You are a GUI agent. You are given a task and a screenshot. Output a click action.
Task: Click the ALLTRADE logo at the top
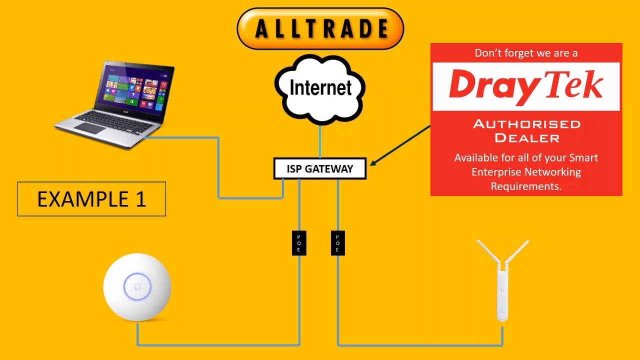tap(320, 28)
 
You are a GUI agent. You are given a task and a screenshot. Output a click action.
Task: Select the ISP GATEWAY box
tap(320, 169)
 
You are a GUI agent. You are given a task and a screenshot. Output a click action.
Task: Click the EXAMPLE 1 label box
tap(91, 199)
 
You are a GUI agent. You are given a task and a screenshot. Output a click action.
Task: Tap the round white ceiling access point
tap(137, 287)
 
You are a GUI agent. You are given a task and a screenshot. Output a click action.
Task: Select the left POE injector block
tap(299, 243)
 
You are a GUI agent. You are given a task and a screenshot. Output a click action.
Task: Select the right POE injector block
tap(337, 243)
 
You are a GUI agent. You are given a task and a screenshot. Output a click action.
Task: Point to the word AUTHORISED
tap(526, 124)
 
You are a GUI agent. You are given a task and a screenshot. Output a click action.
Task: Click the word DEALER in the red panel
tap(526, 137)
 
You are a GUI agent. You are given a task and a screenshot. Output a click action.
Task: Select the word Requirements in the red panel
tap(526, 186)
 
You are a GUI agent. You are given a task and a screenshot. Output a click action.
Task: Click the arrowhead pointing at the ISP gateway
tap(373, 162)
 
